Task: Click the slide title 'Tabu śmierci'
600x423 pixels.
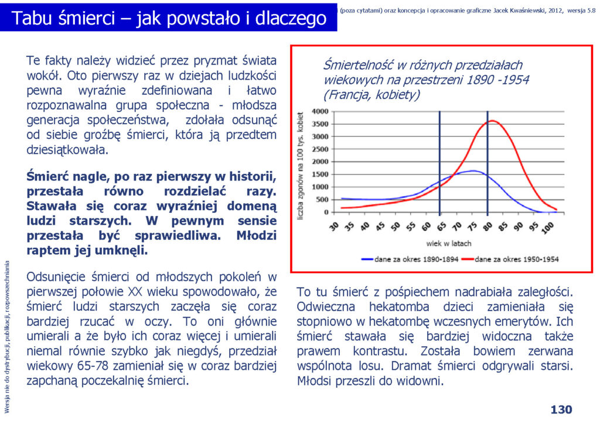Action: point(63,18)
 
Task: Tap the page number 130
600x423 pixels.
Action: point(561,410)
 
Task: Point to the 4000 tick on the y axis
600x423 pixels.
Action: point(321,111)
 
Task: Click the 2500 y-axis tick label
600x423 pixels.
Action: point(321,149)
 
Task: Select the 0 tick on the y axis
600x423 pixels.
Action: point(326,212)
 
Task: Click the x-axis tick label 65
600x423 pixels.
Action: point(442,226)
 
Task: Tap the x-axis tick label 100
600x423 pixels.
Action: point(548,227)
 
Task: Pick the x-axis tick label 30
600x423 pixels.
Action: point(335,226)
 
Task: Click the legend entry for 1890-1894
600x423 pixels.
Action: point(410,260)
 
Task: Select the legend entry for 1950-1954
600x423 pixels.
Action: point(510,260)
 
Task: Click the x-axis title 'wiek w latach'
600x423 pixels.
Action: point(449,243)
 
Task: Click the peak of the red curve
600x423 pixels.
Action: point(492,121)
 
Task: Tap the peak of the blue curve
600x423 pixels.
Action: point(473,171)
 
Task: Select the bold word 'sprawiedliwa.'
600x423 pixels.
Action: point(178,235)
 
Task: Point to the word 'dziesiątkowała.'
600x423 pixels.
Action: point(67,149)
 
